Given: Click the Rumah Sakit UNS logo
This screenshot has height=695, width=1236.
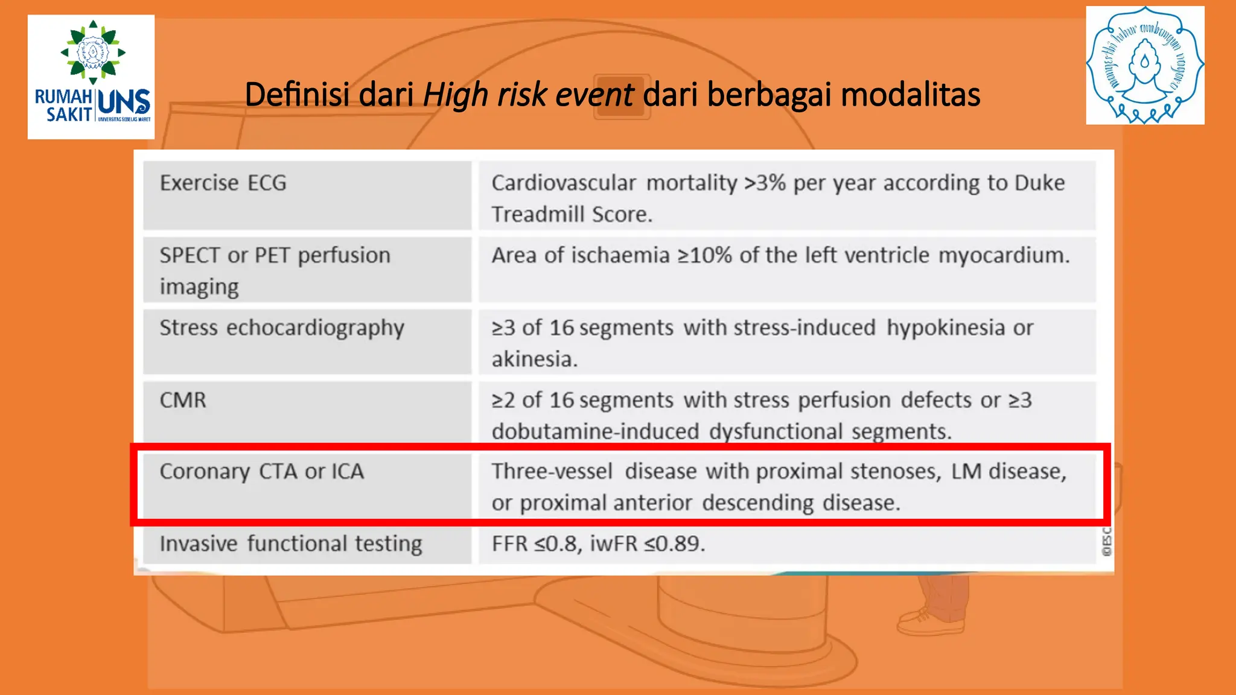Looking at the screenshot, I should point(91,77).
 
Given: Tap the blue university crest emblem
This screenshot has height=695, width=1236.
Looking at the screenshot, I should point(1145,65).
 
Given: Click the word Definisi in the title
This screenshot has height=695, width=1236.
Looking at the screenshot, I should point(297,95).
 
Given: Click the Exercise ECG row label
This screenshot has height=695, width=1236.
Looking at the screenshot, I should point(223,183).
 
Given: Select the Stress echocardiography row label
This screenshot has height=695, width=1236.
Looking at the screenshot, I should point(282,328).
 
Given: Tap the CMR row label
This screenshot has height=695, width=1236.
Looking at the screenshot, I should point(183,400).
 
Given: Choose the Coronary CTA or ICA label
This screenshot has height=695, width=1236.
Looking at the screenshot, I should point(261,472).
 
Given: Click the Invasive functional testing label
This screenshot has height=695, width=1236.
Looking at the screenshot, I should point(291,544).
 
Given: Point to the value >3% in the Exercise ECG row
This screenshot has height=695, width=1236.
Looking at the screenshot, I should point(765,183).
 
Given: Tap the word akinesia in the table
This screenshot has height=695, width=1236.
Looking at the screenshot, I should point(534,360).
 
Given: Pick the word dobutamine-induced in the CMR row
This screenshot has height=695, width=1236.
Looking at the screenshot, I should point(595,432).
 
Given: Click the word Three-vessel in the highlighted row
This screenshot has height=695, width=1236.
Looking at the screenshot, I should point(552,471).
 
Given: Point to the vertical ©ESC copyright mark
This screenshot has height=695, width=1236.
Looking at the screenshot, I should point(1106,542).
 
